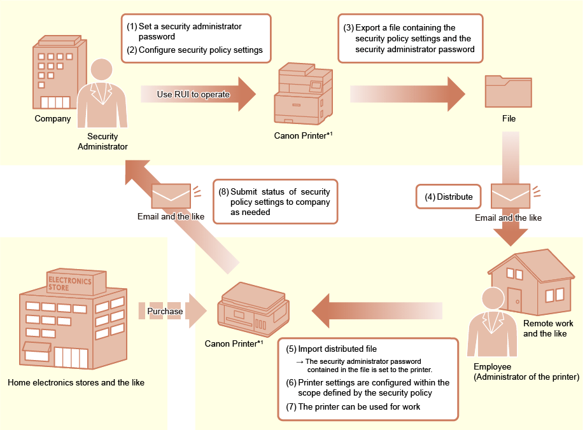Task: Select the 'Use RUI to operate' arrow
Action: [x=198, y=94]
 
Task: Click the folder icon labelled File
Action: [x=507, y=92]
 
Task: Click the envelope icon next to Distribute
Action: [x=510, y=195]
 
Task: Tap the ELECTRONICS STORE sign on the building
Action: [x=69, y=282]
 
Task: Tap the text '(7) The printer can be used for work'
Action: [x=353, y=407]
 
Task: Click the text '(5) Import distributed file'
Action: [x=331, y=349]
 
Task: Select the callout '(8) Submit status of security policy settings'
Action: [x=274, y=201]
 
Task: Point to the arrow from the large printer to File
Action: [x=408, y=94]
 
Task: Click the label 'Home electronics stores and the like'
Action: [x=76, y=383]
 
